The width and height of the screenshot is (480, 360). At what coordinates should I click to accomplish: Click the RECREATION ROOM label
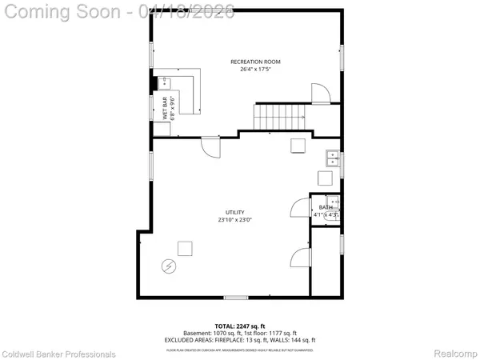click(255, 62)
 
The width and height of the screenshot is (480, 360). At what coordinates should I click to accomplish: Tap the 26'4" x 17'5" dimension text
click(255, 70)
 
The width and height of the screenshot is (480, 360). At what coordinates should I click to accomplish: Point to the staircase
click(280, 116)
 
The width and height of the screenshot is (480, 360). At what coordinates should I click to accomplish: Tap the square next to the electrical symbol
click(185, 248)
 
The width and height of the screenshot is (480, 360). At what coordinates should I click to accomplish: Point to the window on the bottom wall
click(236, 298)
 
